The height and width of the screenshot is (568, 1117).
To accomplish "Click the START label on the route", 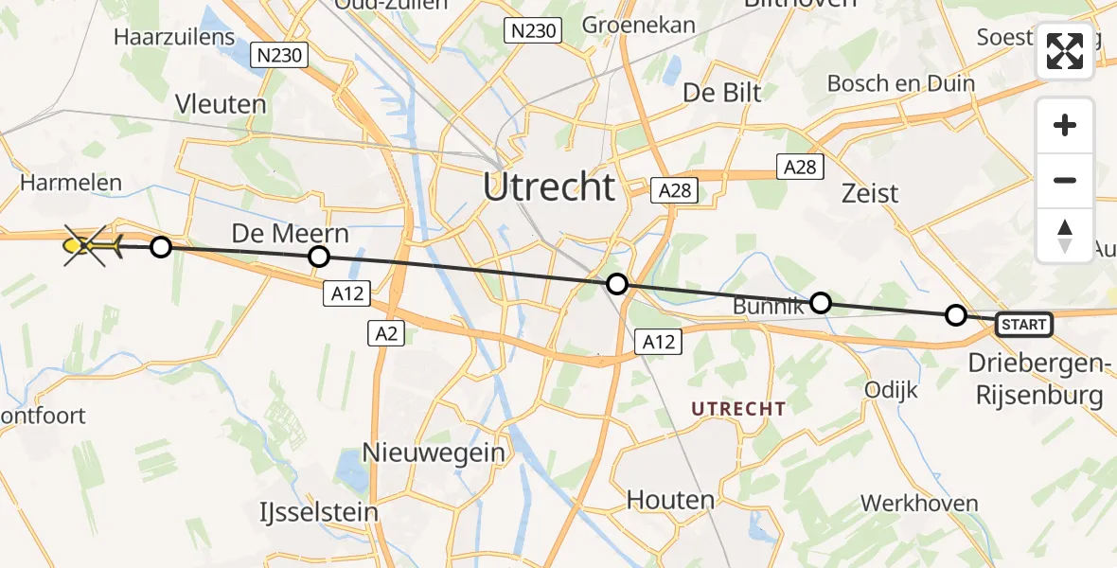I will (x=1024, y=325).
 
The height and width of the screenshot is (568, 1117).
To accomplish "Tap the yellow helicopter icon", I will (x=92, y=247).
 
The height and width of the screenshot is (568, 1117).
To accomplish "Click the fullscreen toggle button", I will (x=1065, y=51).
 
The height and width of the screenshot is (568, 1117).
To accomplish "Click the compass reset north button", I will (x=1065, y=236).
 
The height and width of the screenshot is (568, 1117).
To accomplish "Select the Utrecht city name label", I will (x=549, y=186).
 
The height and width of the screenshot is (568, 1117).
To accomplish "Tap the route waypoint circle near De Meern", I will (x=319, y=257).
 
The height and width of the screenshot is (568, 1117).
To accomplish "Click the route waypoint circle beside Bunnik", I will (x=821, y=303).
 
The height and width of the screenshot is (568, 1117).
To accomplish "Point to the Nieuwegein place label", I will (x=435, y=453).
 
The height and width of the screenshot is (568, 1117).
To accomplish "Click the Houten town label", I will (x=670, y=499).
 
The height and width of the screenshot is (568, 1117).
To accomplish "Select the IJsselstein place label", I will (x=319, y=512).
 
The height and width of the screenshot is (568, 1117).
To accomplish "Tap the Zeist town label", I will (x=870, y=193).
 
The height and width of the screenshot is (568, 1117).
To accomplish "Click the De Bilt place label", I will (x=722, y=93).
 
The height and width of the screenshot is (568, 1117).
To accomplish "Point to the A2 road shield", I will (x=386, y=332).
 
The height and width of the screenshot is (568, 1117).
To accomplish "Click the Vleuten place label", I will (x=221, y=104).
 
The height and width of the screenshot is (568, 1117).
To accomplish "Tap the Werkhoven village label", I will (x=919, y=503).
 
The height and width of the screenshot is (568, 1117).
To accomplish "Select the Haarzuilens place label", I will (x=174, y=37).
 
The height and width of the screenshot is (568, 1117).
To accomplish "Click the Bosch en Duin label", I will (x=900, y=83).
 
